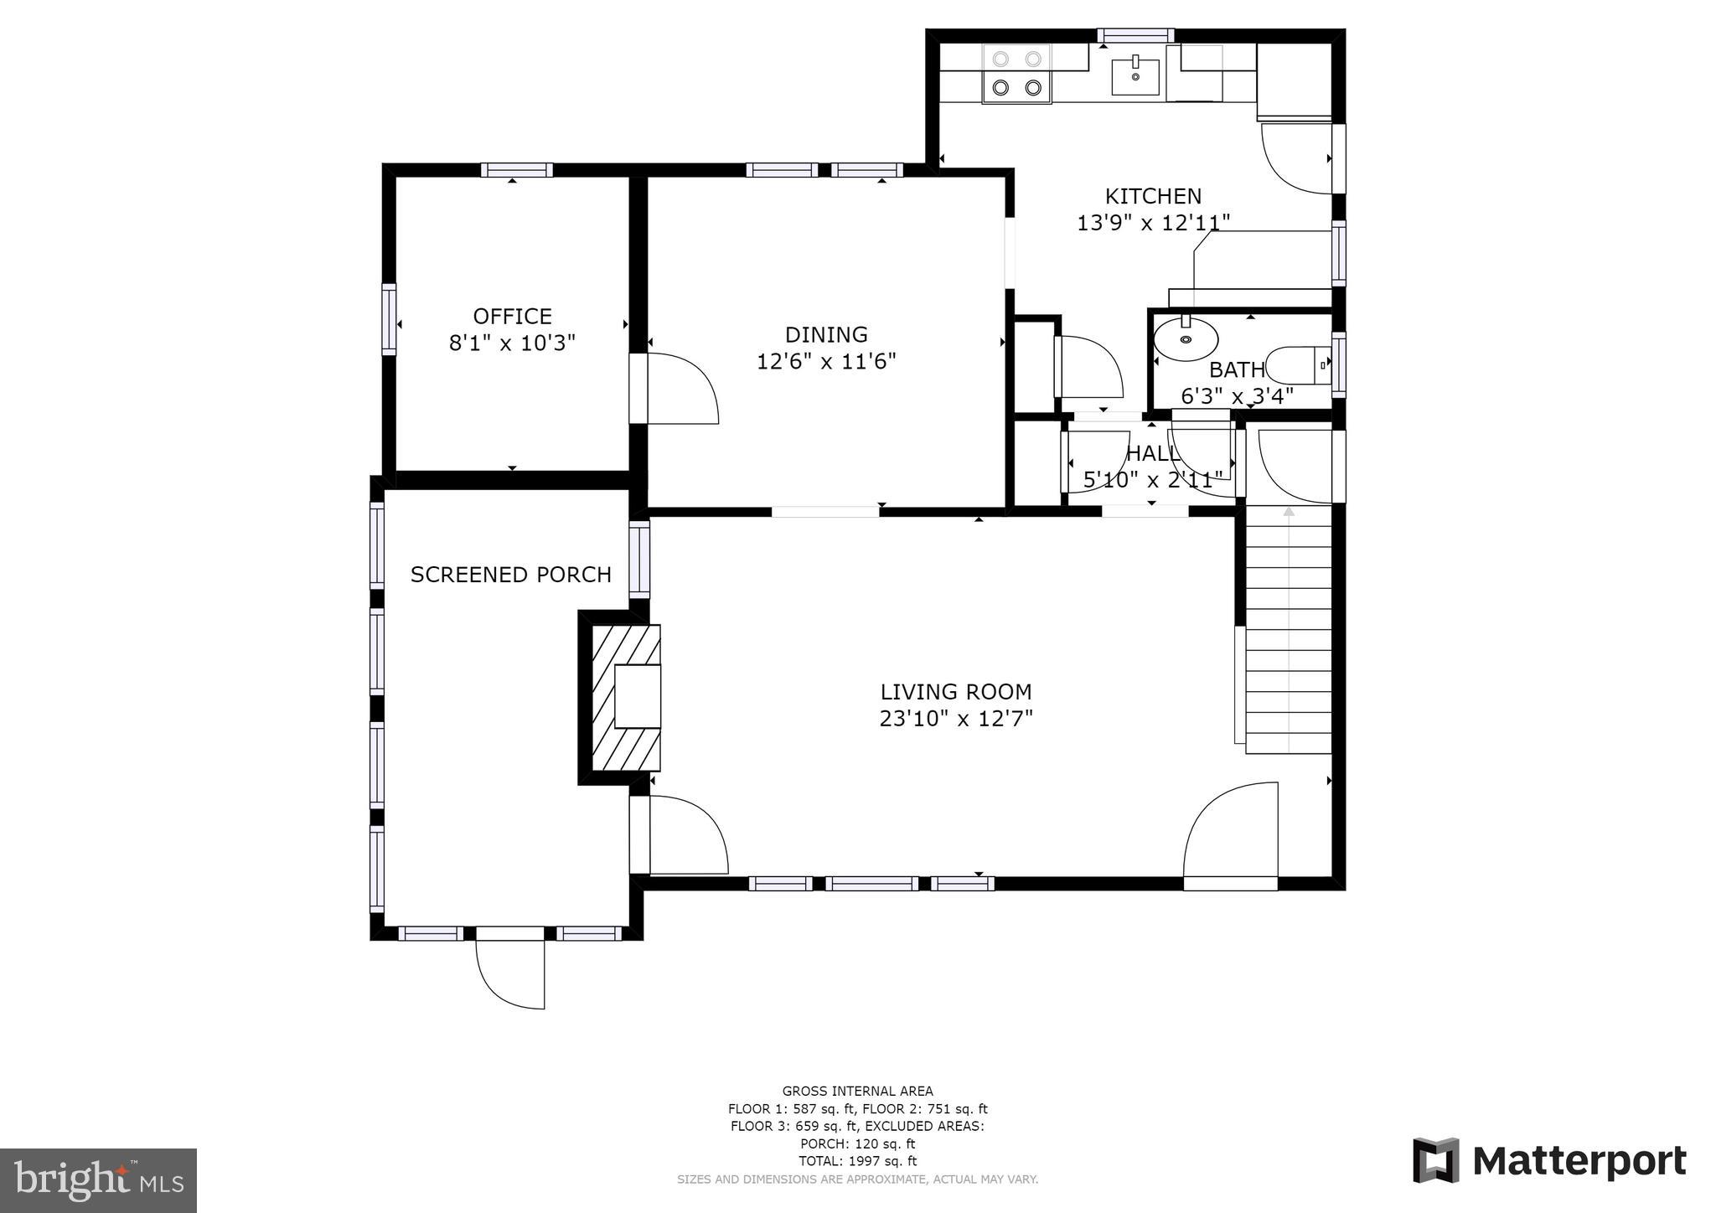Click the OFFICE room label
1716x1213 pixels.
pyautogui.click(x=512, y=317)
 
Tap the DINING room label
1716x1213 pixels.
pyautogui.click(x=826, y=335)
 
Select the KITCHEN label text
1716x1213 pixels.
pyautogui.click(x=1153, y=196)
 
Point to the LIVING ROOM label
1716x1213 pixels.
pyautogui.click(x=956, y=692)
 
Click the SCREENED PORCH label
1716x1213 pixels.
pyautogui.click(x=511, y=575)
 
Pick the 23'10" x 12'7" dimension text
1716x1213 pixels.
pyautogui.click(x=956, y=719)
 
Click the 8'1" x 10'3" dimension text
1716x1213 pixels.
pyautogui.click(x=512, y=343)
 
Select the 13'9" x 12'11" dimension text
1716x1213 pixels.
pyautogui.click(x=1153, y=223)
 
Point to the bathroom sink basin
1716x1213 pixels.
pyautogui.click(x=1186, y=338)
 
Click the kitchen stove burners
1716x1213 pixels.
pyautogui.click(x=1016, y=74)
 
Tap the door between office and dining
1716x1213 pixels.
pyautogui.click(x=675, y=389)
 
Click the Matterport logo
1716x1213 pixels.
pyautogui.click(x=1549, y=1161)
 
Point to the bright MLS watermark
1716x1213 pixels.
pyautogui.click(x=99, y=1180)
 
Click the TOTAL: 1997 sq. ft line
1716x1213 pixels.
pyautogui.click(x=857, y=1161)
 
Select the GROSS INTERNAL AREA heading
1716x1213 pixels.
pyautogui.click(x=857, y=1091)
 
